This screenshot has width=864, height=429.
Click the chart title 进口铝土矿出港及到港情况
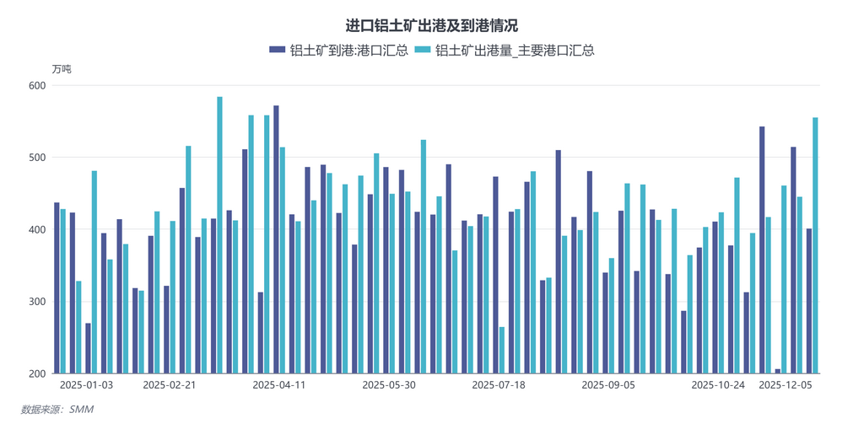coord(431,26)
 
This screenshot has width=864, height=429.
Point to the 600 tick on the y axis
coord(35,86)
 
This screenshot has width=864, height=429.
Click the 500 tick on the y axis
coord(35,158)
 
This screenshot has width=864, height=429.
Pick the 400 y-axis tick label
coord(35,229)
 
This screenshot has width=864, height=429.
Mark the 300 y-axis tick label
coord(35,302)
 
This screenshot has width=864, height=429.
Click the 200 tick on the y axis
coord(35,373)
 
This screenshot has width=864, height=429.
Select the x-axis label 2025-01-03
coord(87,385)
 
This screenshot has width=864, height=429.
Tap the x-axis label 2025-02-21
coord(170,385)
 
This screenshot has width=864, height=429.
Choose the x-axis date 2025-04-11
coord(279,385)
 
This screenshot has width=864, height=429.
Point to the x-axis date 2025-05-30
coord(389,385)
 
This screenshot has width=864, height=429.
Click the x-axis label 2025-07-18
coord(498,385)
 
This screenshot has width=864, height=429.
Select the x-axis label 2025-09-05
coord(608,385)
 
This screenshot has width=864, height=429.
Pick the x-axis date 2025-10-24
coord(718,385)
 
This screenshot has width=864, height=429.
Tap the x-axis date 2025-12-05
coord(786,385)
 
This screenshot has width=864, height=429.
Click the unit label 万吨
coord(62,69)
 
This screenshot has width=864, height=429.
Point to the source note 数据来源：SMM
coord(57,410)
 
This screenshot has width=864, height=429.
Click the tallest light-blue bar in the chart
coord(219,235)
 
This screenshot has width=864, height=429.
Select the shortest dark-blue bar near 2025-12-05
coord(778,371)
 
